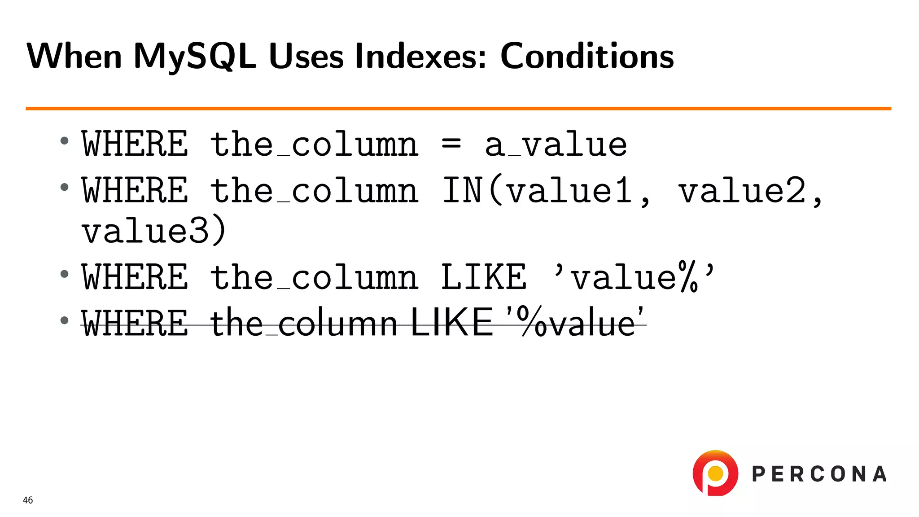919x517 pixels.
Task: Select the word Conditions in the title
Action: pos(587,57)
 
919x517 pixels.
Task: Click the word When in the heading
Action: pos(74,57)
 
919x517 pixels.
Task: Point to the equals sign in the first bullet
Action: pos(451,145)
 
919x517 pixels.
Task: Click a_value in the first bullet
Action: pos(556,145)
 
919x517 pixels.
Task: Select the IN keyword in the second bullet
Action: pos(463,191)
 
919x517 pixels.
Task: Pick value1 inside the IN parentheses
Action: pos(569,191)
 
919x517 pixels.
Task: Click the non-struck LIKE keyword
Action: pos(484,277)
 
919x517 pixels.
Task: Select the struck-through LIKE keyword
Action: pos(452,322)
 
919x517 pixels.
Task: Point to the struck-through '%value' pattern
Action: pos(575,322)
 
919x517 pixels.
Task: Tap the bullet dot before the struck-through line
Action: pos(65,320)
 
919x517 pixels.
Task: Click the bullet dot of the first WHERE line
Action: pos(65,141)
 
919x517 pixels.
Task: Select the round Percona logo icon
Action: pos(715,473)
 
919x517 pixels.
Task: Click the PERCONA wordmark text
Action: pos(819,474)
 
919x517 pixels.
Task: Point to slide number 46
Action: pos(28,500)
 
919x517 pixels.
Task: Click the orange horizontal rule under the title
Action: pos(458,108)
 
